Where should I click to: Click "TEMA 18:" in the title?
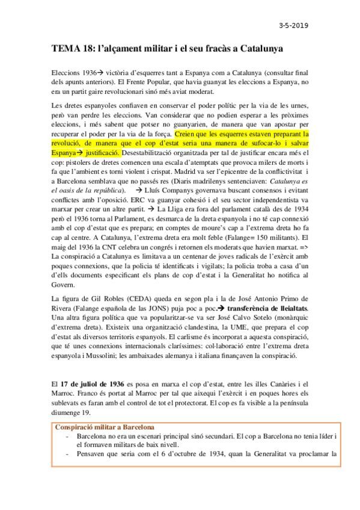click(x=72, y=48)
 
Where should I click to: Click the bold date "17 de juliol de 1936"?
click(x=90, y=384)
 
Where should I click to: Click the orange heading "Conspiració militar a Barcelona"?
click(x=104, y=427)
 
